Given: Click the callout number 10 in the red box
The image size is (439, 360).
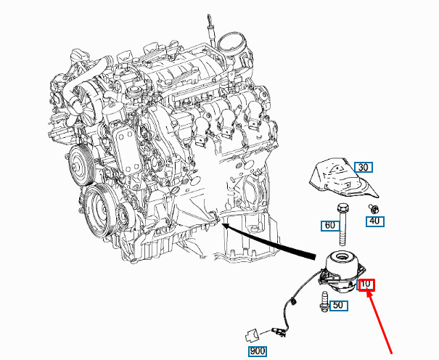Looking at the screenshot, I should tap(367, 285).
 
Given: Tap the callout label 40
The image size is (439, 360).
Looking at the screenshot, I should tap(374, 221).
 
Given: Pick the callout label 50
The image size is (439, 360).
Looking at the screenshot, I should tap(337, 306).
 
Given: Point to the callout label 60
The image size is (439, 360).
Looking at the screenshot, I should tap(330, 226).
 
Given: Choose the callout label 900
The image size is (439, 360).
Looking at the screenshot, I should tap(258, 352).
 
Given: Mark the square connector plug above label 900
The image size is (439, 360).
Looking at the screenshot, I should tap(253, 335).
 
